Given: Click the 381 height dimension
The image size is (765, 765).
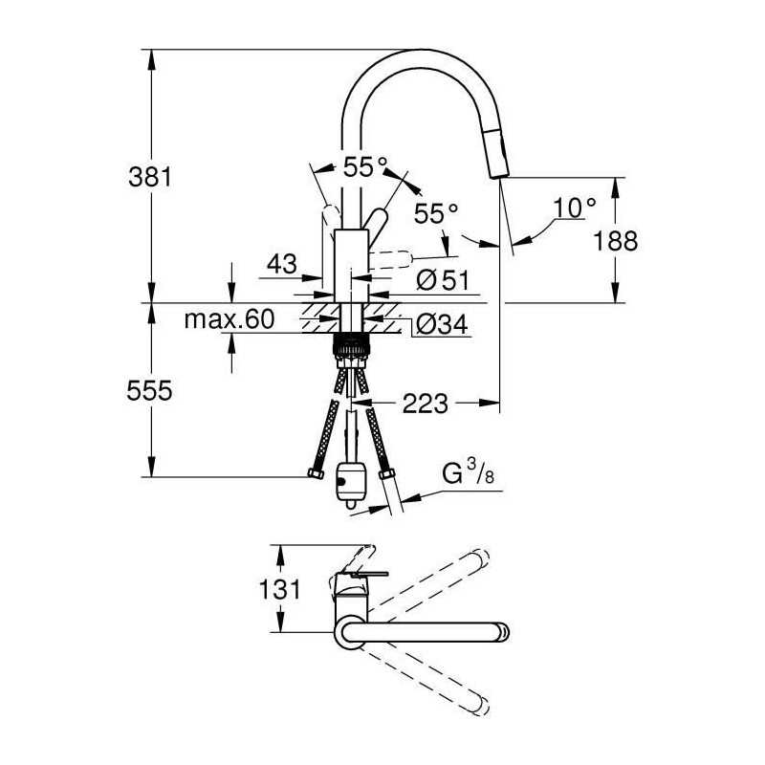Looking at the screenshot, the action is tap(150, 177).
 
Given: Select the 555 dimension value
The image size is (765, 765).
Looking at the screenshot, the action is tap(149, 391).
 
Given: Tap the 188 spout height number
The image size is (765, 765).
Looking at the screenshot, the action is tap(615, 241).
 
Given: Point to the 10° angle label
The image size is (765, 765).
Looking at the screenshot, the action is tap(575, 208).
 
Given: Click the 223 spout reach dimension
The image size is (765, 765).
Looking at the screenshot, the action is tap(425, 404).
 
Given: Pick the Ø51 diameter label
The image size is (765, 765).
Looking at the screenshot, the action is tap(443, 280).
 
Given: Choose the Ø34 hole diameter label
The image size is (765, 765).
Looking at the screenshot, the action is tap(442, 324).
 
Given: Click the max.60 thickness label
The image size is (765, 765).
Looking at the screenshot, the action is tap(229, 319).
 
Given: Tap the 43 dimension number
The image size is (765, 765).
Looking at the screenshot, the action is tap(281, 265).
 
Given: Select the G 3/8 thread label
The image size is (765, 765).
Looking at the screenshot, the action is tap(468, 472).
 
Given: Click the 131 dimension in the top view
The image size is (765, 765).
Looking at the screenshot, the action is tap(279, 589).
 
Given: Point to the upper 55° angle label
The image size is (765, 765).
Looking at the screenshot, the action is tap(365, 167).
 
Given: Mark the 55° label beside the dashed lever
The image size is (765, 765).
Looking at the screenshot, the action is tap(436, 213).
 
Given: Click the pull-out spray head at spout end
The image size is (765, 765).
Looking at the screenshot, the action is tap(496, 155).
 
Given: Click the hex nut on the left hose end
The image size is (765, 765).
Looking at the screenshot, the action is tap(316, 473).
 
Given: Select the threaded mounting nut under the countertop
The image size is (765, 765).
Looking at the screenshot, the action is tap(350, 345).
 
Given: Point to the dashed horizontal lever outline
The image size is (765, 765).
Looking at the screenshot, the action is tap(391, 260).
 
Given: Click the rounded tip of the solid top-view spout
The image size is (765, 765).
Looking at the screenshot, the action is tap(503, 632).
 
